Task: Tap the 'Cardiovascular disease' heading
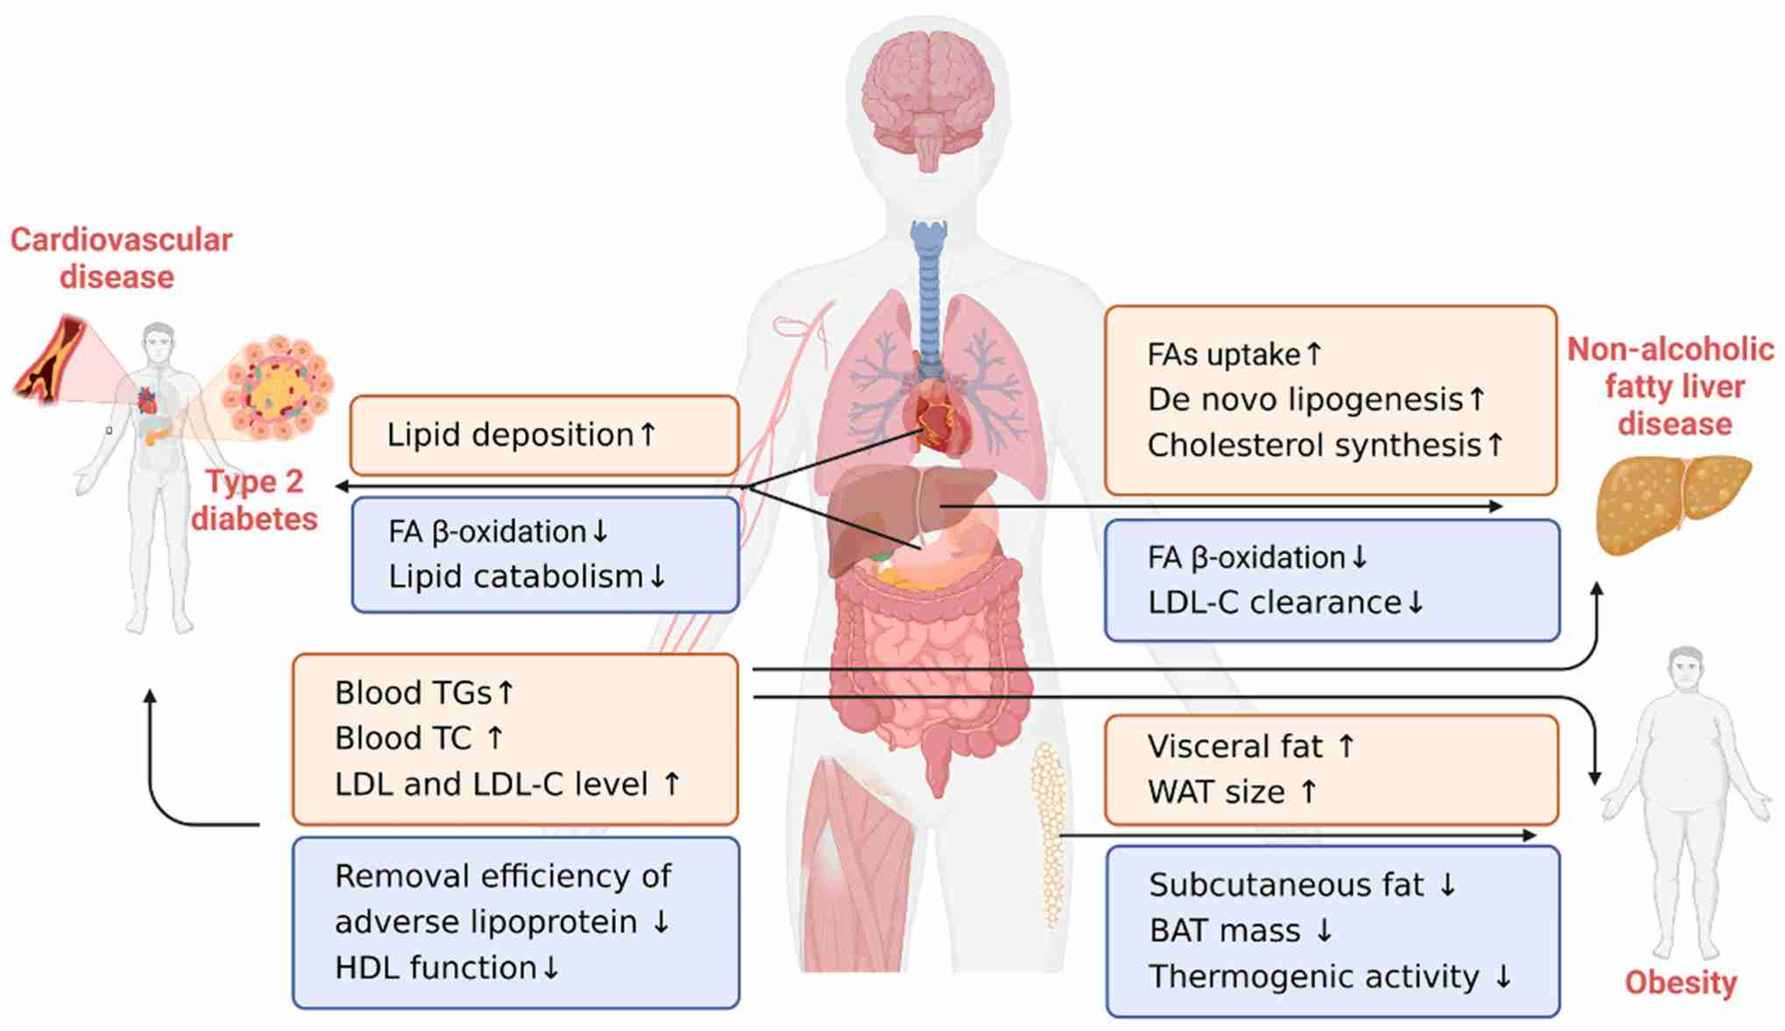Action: [x=121, y=258]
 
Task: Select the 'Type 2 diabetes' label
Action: [x=254, y=500]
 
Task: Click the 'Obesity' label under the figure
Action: [x=1681, y=983]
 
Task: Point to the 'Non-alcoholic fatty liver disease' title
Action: [x=1671, y=387]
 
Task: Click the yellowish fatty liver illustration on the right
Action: [x=1675, y=504]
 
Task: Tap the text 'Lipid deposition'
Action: [x=511, y=435]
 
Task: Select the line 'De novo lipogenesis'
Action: [x=1306, y=400]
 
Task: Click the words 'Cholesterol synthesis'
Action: [x=1314, y=445]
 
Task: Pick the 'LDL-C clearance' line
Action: [x=1275, y=603]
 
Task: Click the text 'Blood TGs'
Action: [x=414, y=693]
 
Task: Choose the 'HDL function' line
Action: [x=436, y=968]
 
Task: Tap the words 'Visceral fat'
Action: [x=1236, y=747]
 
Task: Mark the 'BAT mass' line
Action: [x=1225, y=930]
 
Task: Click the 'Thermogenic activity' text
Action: [x=1314, y=977]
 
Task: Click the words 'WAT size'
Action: [x=1216, y=793]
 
